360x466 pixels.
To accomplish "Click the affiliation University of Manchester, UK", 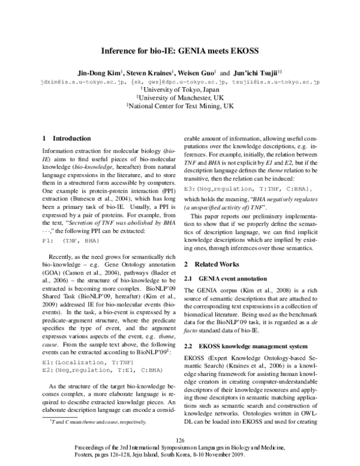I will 181,96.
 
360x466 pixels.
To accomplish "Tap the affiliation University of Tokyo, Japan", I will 181,88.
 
